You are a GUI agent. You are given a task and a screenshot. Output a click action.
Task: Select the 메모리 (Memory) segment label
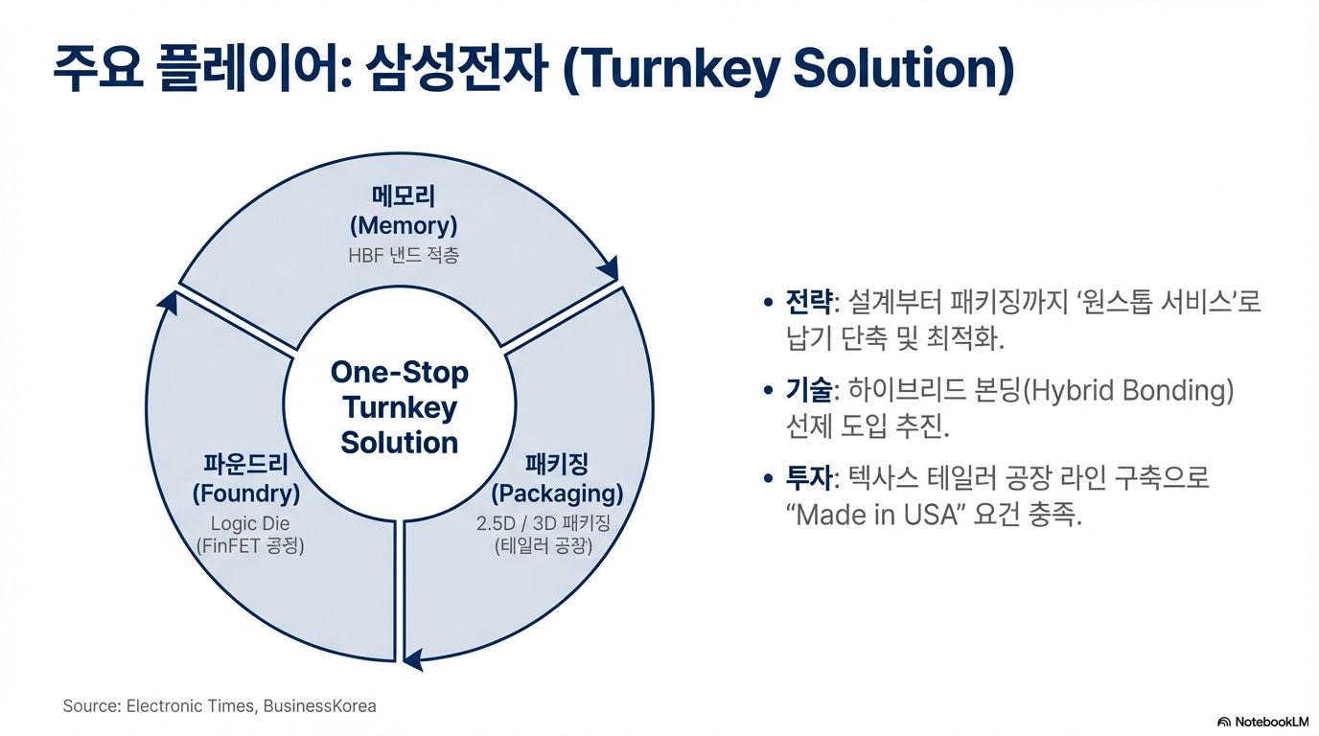pyautogui.click(x=404, y=211)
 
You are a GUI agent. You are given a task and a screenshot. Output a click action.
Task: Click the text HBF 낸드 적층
pyautogui.click(x=404, y=256)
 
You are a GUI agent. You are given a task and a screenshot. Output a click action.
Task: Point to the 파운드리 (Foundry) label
pyautogui.click(x=246, y=479)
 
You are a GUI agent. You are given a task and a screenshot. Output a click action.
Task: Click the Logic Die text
pyautogui.click(x=250, y=523)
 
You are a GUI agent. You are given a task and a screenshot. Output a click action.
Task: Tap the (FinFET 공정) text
pyautogui.click(x=250, y=546)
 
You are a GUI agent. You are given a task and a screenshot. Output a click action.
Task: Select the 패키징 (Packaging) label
pyautogui.click(x=557, y=479)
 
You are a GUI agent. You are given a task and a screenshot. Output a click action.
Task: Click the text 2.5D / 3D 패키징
pyautogui.click(x=544, y=523)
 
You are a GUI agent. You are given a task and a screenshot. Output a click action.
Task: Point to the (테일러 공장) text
pyautogui.click(x=544, y=546)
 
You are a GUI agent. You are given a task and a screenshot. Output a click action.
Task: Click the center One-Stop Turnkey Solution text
pyautogui.click(x=400, y=407)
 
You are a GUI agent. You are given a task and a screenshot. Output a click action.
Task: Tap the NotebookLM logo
pyautogui.click(x=1262, y=721)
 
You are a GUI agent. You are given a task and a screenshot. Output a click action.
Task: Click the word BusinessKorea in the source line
pyautogui.click(x=319, y=706)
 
